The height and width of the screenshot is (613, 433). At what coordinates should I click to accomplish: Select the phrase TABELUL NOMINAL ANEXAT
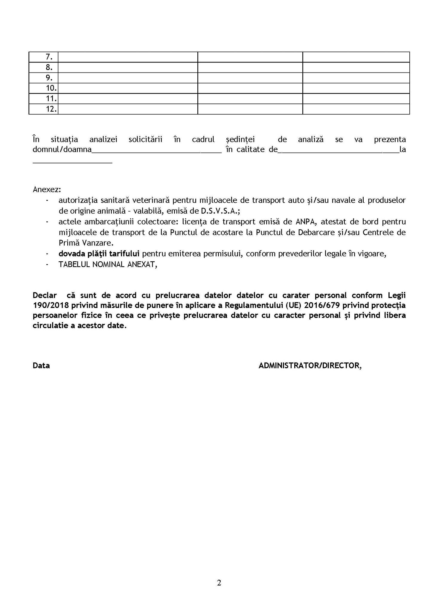(108, 265)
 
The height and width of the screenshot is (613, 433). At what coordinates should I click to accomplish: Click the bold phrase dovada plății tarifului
(99, 254)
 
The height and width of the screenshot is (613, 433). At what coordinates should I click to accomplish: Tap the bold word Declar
(45, 295)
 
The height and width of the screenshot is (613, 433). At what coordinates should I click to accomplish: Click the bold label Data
(41, 365)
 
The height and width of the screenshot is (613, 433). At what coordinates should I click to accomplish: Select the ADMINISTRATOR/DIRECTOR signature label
(310, 365)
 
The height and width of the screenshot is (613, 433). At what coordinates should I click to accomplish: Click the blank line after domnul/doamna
(156, 151)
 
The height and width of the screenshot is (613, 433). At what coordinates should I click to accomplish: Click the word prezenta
(390, 139)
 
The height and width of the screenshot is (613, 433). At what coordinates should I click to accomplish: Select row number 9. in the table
(49, 78)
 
